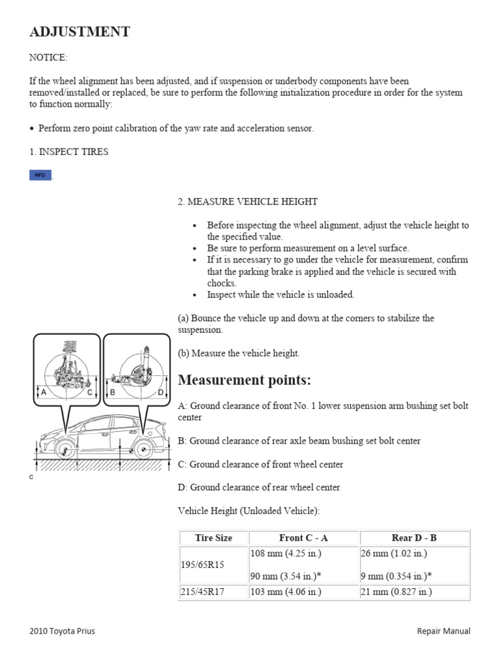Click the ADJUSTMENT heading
click(79, 31)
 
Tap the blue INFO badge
click(40, 175)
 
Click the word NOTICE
click(48, 57)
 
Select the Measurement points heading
click(244, 380)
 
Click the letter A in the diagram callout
click(44, 392)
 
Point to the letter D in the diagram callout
click(160, 392)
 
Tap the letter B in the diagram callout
click(113, 392)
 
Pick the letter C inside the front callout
click(90, 392)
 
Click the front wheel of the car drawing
click(62, 449)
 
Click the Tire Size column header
click(214, 538)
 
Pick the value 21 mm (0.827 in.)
click(396, 592)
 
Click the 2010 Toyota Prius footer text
click(62, 631)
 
